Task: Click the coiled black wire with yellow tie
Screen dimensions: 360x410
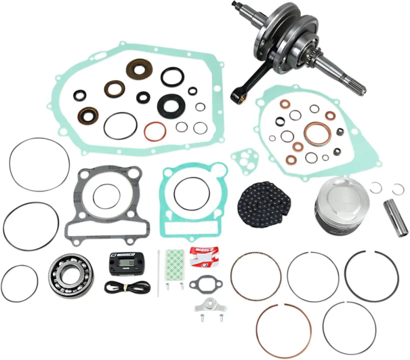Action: (x=126, y=287)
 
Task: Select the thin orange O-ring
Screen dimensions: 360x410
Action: (x=155, y=131)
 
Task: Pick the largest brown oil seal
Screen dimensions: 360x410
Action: (x=139, y=69)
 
